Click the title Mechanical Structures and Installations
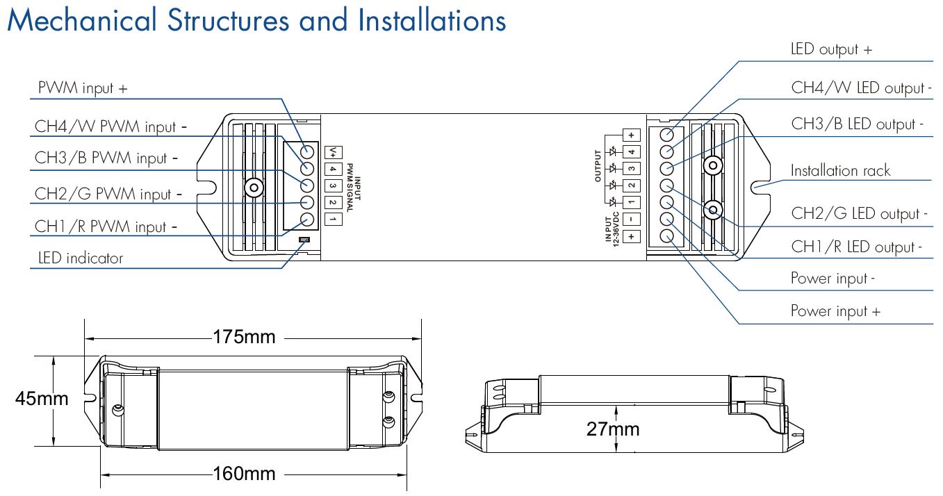tap(256, 21)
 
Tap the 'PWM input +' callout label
tap(82, 89)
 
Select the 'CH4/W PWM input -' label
tap(111, 126)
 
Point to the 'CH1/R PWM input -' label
tap(106, 227)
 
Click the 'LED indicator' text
tap(80, 258)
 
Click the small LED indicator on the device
tap(304, 240)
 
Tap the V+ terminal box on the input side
tap(333, 151)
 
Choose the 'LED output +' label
tap(831, 49)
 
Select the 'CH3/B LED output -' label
tap(858, 124)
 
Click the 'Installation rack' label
tap(840, 170)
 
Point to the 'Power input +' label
tap(835, 311)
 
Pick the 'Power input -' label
tap(833, 279)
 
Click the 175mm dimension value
tap(244, 338)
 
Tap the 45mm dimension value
tap(42, 399)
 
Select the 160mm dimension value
tap(244, 474)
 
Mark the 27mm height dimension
tap(612, 429)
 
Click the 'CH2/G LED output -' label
tap(859, 214)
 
